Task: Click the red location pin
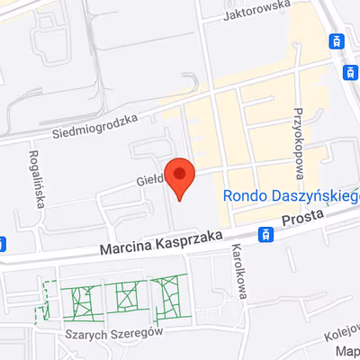[x=182, y=177]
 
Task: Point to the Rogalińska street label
[x=39, y=178]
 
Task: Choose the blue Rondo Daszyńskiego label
[x=291, y=195]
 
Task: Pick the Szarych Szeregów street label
[x=105, y=332]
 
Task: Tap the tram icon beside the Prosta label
[x=265, y=235]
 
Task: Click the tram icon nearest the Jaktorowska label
[x=337, y=40]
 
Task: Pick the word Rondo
[x=241, y=195]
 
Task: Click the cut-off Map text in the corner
[x=346, y=352]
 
